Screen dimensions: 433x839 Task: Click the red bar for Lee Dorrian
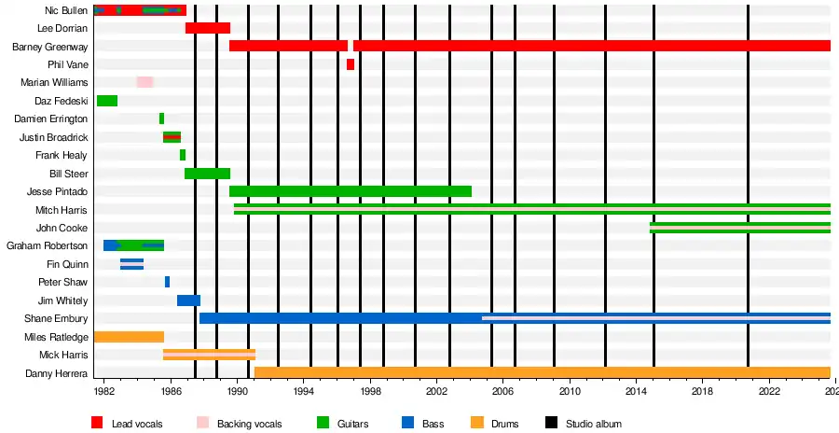[207, 28]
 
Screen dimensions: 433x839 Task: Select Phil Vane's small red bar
[351, 64]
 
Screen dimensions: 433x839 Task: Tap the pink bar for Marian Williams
[144, 82]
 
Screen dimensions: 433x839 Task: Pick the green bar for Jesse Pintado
[350, 191]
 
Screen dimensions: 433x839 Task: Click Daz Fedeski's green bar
[106, 101]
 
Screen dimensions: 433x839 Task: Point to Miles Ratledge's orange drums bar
[129, 337]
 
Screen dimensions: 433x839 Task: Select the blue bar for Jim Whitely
[188, 300]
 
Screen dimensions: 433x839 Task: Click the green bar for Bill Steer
[207, 174]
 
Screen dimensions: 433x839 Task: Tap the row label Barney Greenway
[50, 47]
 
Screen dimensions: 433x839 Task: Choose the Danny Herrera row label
[57, 373]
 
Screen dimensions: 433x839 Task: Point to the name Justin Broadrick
[53, 137]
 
